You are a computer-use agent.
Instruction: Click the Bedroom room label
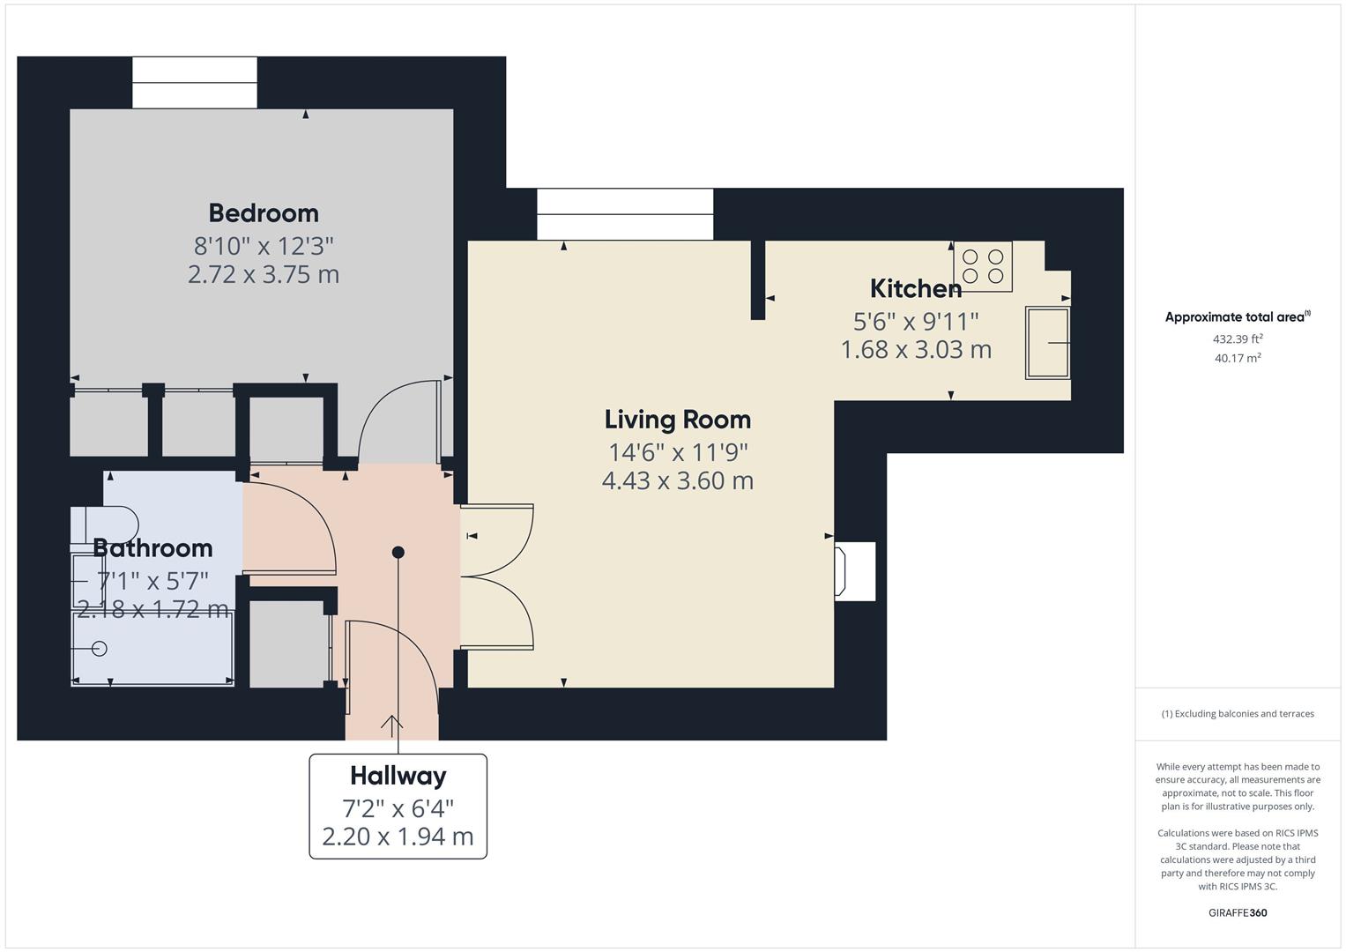264,213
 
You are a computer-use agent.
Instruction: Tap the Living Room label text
677,420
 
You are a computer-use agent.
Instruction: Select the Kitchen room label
915,289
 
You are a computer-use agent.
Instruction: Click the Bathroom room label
152,548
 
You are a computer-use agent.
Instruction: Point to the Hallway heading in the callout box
398,776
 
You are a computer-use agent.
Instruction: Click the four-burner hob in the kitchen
982,265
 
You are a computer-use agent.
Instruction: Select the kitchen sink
1047,343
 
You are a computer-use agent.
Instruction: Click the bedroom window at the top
195,83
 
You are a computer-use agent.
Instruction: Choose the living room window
624,214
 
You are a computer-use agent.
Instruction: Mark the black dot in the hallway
398,553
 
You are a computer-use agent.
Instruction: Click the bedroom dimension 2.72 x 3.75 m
264,274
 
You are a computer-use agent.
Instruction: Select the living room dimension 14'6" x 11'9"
677,452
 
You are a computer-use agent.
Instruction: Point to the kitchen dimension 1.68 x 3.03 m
915,350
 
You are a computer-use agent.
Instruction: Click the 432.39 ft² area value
1238,338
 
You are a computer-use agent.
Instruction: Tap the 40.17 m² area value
1238,358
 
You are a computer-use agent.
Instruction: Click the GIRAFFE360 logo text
1238,912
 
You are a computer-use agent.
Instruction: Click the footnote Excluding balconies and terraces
1238,714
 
